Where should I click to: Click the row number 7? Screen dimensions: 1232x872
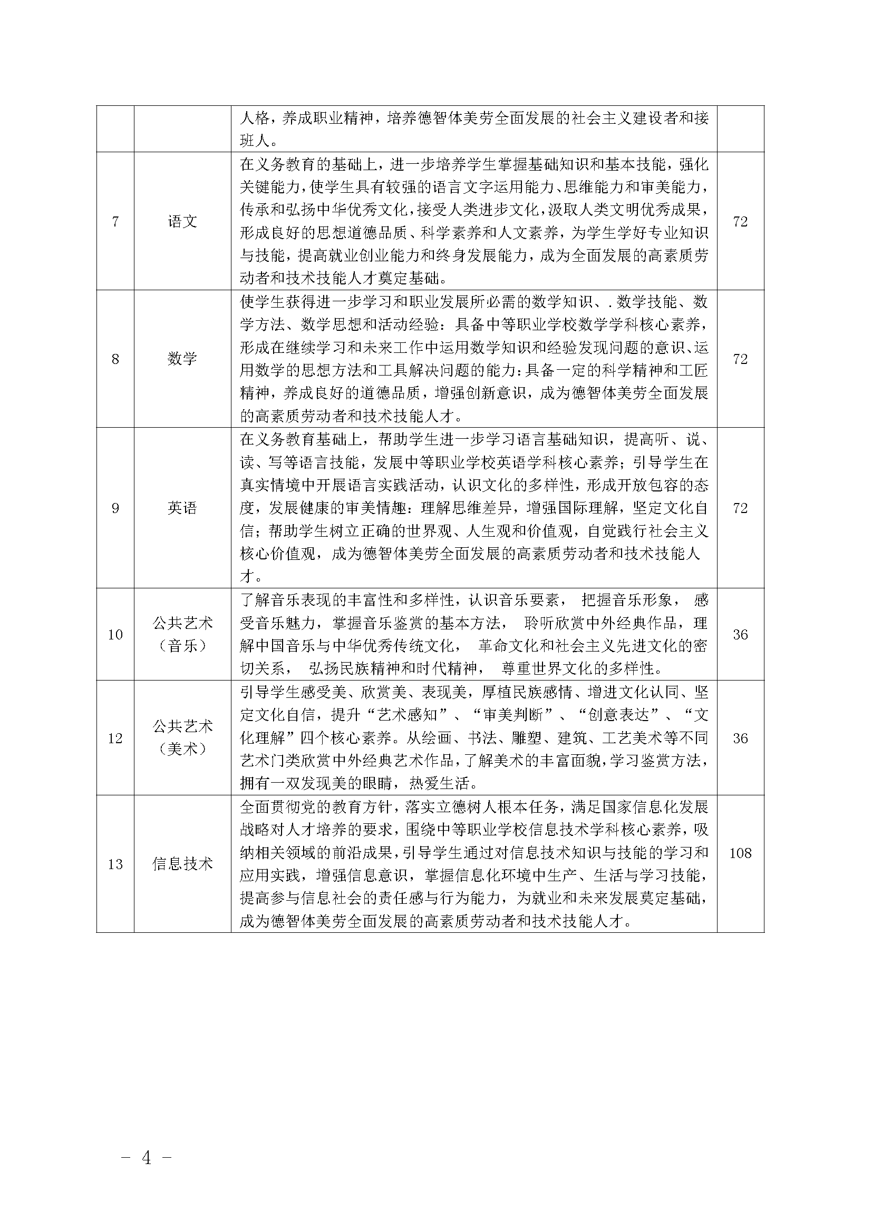tap(115, 222)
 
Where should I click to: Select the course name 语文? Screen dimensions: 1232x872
tap(182, 222)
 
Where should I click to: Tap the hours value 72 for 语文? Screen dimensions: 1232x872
tap(740, 222)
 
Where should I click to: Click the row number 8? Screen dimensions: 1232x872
tap(115, 359)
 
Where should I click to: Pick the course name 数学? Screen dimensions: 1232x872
tap(182, 359)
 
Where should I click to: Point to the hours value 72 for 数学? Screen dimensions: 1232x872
tap(740, 359)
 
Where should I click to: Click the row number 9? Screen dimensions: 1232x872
tap(115, 508)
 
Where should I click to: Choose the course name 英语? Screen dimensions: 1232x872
tap(182, 508)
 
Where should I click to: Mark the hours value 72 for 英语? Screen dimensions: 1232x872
tap(740, 508)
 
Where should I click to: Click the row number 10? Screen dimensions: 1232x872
tap(115, 635)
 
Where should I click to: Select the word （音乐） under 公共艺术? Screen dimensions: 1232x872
tap(182, 646)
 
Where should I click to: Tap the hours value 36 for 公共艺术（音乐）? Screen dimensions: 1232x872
tap(740, 635)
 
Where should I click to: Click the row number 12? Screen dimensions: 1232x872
tap(115, 738)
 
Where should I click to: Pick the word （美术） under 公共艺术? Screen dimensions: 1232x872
tap(182, 750)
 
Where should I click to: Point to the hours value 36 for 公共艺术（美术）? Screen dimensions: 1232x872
tap(740, 738)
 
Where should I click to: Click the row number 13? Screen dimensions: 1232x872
tap(115, 864)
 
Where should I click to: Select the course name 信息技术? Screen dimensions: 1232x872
tap(182, 864)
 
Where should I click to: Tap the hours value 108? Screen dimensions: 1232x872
tap(740, 853)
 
